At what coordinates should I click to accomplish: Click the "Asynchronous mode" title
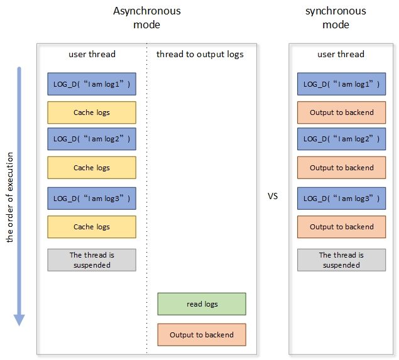click(x=146, y=18)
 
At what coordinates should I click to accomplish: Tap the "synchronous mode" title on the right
click(x=336, y=18)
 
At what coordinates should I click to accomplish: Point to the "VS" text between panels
click(x=273, y=196)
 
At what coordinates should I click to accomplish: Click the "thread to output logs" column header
click(x=200, y=54)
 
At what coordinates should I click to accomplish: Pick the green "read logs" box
click(x=202, y=304)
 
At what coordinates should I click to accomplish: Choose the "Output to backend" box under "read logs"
click(x=202, y=335)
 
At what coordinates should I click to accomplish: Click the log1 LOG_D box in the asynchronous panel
click(x=92, y=84)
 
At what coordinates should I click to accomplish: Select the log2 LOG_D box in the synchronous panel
click(x=341, y=139)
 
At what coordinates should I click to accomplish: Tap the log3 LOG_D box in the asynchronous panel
click(x=92, y=199)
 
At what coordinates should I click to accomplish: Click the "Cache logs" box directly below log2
click(x=92, y=168)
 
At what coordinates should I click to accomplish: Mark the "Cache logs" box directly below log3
click(x=92, y=227)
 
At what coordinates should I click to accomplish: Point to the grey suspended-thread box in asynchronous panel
click(x=92, y=260)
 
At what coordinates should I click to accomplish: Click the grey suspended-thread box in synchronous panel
click(x=341, y=260)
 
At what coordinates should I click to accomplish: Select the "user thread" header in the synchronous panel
click(x=341, y=54)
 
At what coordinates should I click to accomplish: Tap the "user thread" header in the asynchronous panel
click(x=92, y=54)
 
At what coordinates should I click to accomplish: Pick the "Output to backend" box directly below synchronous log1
click(x=341, y=112)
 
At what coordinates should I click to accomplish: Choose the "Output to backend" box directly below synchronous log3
click(x=341, y=227)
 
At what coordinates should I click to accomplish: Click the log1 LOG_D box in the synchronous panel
click(x=341, y=84)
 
